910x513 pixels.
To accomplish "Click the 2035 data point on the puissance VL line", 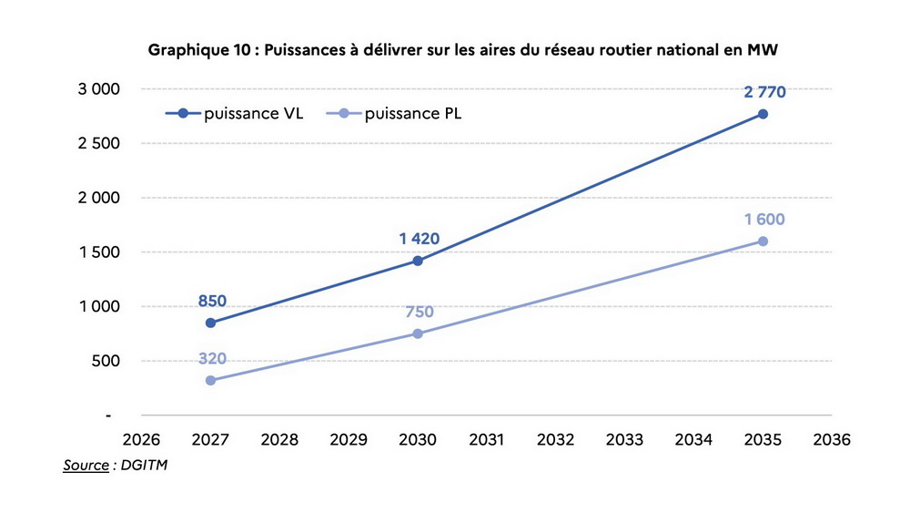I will (x=763, y=114).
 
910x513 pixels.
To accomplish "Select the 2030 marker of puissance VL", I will (x=418, y=261).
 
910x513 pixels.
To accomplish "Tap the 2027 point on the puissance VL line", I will (x=210, y=323).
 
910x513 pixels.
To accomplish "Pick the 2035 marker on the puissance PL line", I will (x=763, y=241).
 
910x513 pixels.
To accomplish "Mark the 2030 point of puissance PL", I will (x=418, y=333).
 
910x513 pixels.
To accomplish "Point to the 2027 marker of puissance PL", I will (x=210, y=380).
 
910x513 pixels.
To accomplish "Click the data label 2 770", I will (x=764, y=92).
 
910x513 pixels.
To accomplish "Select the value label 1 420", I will (x=419, y=239).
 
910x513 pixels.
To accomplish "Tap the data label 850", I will (x=211, y=301).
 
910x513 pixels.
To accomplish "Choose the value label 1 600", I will (x=764, y=220).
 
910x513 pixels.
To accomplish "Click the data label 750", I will (x=419, y=313).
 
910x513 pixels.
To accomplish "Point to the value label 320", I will (x=211, y=358).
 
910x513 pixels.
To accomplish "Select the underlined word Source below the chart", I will (x=86, y=466).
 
